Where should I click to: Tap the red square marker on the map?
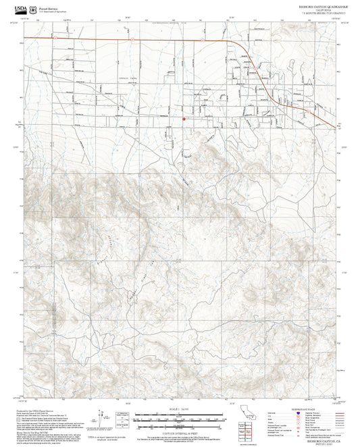184,119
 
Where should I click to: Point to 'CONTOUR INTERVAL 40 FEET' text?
180,433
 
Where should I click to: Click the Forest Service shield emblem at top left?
34,7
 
